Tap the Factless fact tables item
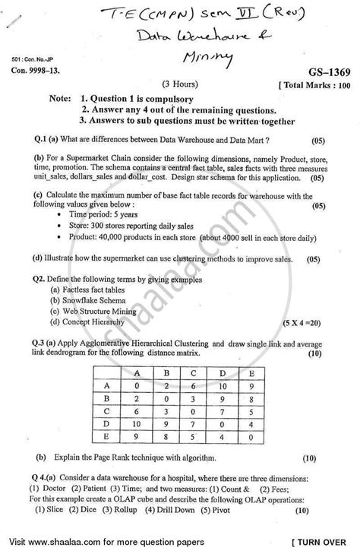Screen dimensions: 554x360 point(90,289)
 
